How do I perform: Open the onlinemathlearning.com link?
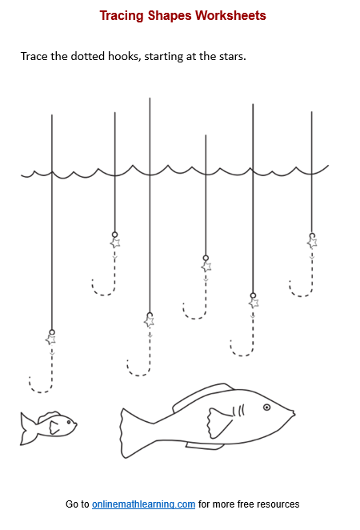[x=143, y=504]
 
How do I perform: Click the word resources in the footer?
[x=276, y=504]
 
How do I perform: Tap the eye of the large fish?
[x=267, y=407]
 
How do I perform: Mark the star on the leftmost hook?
[x=50, y=339]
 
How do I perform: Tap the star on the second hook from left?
[x=114, y=243]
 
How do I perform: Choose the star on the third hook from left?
[x=149, y=321]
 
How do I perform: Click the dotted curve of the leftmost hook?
[x=40, y=389]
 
